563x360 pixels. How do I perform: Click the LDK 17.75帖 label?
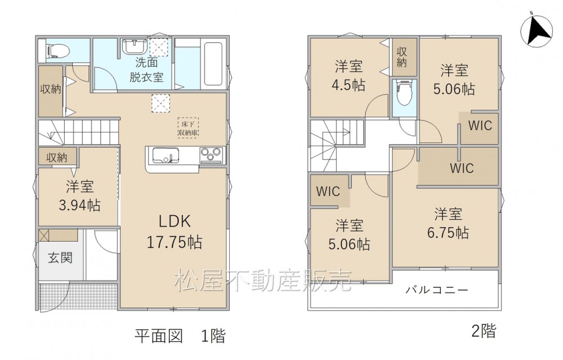(175, 232)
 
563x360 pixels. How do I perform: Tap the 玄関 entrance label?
(60, 257)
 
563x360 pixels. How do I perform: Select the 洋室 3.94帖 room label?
(80, 196)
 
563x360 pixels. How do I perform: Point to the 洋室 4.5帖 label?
(348, 76)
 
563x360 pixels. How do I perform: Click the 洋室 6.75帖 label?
(448, 223)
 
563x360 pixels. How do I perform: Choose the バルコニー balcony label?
(437, 290)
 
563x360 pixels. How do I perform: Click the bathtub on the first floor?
(213, 64)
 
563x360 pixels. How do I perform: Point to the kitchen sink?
(166, 155)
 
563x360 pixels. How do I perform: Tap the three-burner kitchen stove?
(211, 155)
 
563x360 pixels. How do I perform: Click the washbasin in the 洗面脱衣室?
(134, 46)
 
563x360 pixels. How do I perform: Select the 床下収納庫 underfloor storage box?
(188, 127)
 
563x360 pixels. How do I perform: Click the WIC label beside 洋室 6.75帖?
(462, 168)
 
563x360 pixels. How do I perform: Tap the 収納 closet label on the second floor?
(402, 57)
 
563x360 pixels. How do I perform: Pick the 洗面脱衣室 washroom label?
(146, 70)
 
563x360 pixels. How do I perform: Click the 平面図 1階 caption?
(180, 336)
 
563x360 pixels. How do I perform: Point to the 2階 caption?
(483, 331)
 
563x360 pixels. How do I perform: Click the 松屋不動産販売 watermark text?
(263, 280)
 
